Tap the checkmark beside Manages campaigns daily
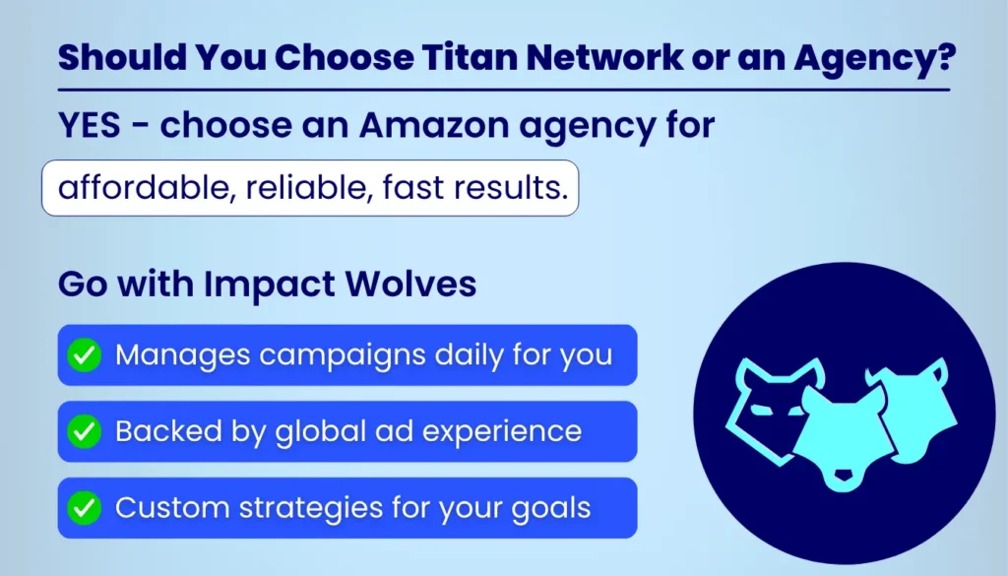(x=85, y=354)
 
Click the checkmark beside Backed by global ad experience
(x=85, y=431)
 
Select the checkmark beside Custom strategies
(x=85, y=508)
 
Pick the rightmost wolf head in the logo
(x=911, y=404)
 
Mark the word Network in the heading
(x=634, y=58)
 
